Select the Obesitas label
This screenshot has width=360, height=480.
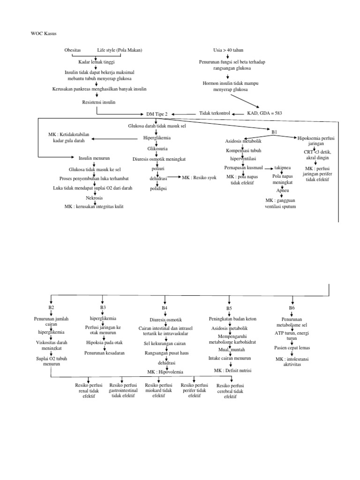pyautogui.click(x=73, y=50)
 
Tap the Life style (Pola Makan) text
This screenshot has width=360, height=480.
pyautogui.click(x=120, y=50)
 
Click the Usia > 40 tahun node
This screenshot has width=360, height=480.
pyautogui.click(x=228, y=50)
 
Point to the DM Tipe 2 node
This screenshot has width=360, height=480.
pyautogui.click(x=157, y=114)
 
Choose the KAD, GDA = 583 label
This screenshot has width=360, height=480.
pyautogui.click(x=264, y=113)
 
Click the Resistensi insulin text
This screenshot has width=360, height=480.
pyautogui.click(x=98, y=102)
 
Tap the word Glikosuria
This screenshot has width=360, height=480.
pyautogui.click(x=157, y=149)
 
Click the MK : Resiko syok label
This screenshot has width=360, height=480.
pyautogui.click(x=199, y=178)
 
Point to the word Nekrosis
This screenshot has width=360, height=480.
pyautogui.click(x=94, y=198)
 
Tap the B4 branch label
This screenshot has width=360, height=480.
pyautogui.click(x=165, y=308)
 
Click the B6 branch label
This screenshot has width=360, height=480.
pyautogui.click(x=292, y=308)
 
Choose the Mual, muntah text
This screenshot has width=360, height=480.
pyautogui.click(x=229, y=350)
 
